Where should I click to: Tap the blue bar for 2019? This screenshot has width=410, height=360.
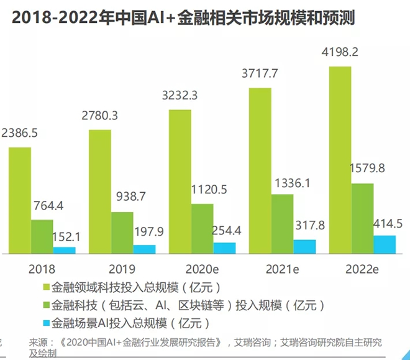(x=144, y=249)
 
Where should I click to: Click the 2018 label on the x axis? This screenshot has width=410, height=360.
(x=42, y=269)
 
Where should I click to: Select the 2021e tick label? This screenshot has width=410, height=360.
(x=283, y=269)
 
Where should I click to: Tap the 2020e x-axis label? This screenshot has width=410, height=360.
(x=202, y=269)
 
